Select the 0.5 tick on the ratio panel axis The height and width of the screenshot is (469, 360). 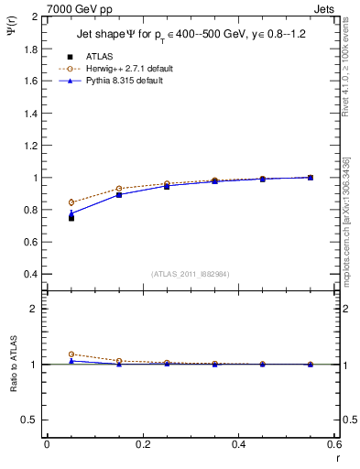point(32,420)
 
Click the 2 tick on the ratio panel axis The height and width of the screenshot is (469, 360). point(36,309)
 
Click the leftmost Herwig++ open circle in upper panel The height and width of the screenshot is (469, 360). point(71,202)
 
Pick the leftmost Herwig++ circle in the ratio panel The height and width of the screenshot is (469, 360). point(71,354)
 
